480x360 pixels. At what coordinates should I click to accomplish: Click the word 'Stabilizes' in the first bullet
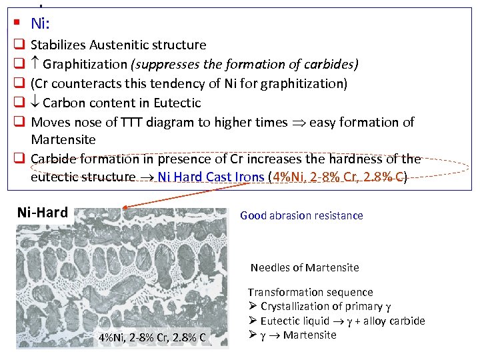tap(58, 45)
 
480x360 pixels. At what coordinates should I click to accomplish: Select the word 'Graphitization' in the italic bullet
tap(84, 65)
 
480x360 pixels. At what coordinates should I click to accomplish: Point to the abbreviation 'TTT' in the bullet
tap(133, 122)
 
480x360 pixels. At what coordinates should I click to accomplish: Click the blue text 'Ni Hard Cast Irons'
tap(210, 177)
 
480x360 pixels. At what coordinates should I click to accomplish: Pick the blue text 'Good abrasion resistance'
tap(301, 215)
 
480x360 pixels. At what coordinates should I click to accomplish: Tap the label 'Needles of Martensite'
tap(305, 267)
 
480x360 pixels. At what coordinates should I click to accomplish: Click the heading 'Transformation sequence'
tap(311, 292)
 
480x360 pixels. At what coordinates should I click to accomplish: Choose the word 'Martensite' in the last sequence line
tap(310, 335)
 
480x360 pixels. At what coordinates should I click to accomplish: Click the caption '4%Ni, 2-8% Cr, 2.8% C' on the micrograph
tap(153, 337)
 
